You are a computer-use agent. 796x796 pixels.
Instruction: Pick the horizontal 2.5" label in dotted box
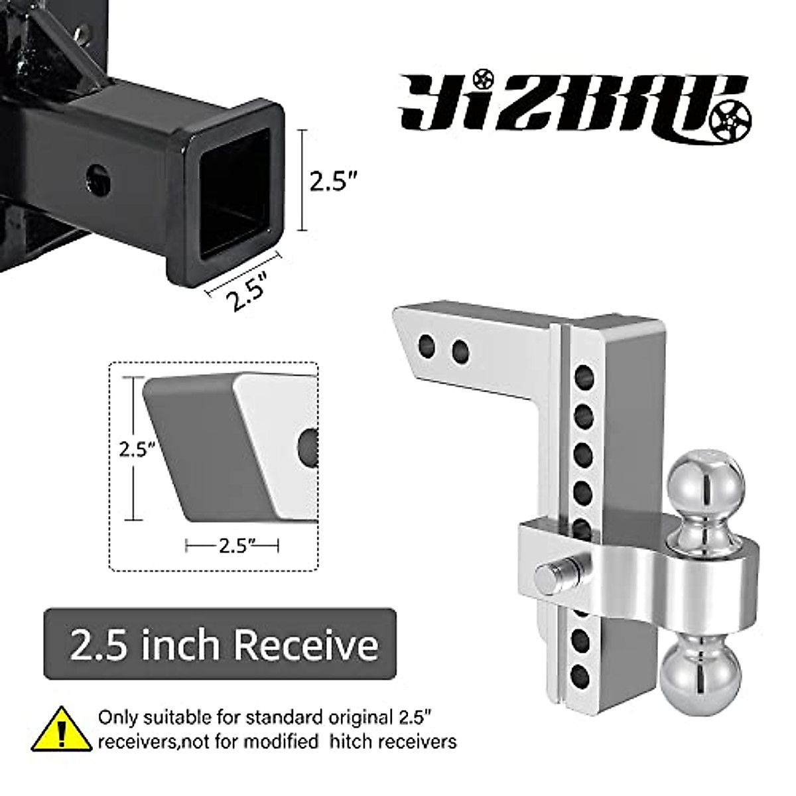coord(232,546)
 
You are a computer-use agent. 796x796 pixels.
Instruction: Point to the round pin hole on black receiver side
coord(99,176)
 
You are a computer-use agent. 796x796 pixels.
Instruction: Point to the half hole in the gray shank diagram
coord(308,444)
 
